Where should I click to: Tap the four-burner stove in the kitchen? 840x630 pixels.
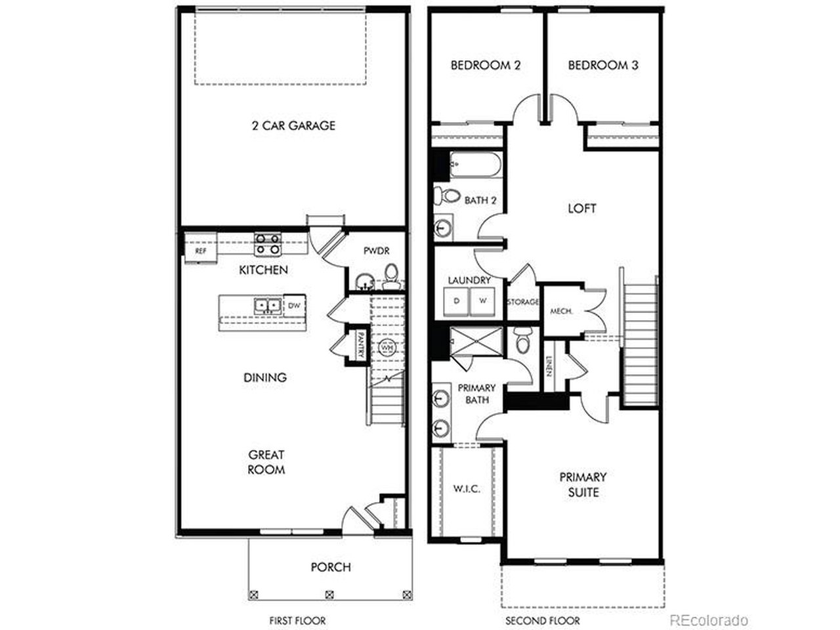[x=268, y=245]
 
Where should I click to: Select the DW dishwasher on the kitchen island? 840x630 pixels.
[x=294, y=305]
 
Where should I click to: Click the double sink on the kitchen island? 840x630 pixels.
[x=268, y=306]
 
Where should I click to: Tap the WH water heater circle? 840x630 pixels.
[x=386, y=348]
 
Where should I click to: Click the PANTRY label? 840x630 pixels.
[x=360, y=345]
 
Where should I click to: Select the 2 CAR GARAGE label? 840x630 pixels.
[x=293, y=125]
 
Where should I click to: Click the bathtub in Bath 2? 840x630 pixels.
[x=475, y=165]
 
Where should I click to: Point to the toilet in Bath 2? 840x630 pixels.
[x=447, y=196]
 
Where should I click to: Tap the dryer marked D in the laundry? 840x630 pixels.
[x=456, y=301]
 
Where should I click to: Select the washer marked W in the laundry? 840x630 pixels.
[x=482, y=301]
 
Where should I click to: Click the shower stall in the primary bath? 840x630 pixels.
[x=476, y=341]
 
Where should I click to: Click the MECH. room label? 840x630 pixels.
[x=561, y=311]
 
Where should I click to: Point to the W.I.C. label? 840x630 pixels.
[x=467, y=489]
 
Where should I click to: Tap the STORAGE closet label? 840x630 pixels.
[x=523, y=302]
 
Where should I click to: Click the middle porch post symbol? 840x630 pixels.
[x=329, y=595]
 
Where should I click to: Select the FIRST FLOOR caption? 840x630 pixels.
[x=297, y=620]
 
